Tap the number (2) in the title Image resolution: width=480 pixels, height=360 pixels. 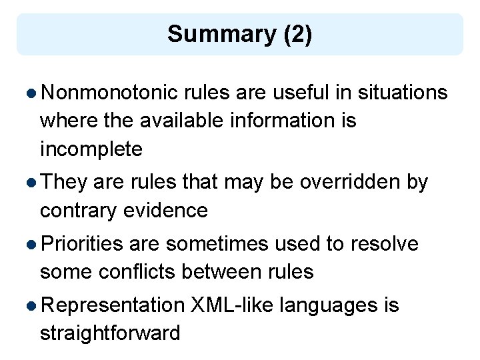point(297,34)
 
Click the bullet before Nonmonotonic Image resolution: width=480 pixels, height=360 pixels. point(32,93)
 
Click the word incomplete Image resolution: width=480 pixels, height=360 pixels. point(91,149)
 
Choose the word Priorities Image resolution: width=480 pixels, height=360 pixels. point(82,244)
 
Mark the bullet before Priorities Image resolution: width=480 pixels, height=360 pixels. point(32,245)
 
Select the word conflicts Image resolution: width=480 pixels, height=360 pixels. point(134,272)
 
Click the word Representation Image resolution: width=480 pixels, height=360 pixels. point(112,305)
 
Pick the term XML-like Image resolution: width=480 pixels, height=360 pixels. point(232,305)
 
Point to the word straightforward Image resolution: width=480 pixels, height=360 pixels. point(110,333)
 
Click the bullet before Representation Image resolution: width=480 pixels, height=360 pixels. point(32,306)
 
